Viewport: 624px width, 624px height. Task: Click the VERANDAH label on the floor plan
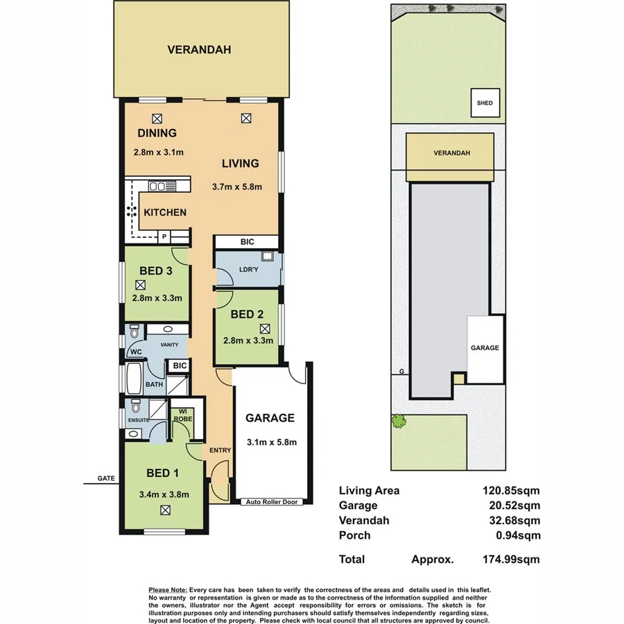(198, 50)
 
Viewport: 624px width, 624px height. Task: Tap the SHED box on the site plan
(484, 103)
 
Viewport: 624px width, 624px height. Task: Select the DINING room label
(157, 133)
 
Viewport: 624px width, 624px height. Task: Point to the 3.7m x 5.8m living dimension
(236, 187)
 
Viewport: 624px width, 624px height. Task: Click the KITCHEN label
(165, 212)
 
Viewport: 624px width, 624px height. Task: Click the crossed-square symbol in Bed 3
(141, 284)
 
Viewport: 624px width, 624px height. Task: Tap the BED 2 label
(248, 314)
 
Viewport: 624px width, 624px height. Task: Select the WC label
(135, 352)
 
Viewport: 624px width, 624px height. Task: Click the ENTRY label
(220, 451)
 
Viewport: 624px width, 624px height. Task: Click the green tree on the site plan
(399, 420)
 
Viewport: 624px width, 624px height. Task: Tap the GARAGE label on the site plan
(485, 348)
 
